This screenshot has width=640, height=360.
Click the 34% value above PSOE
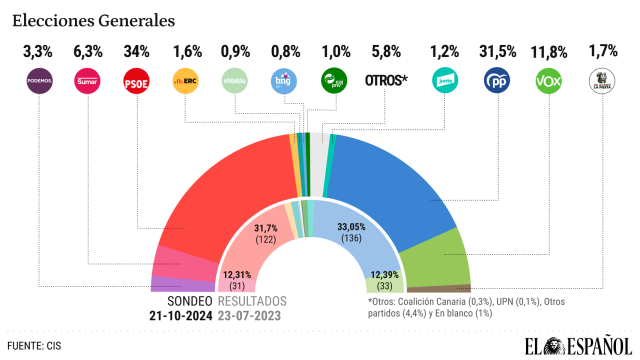click(x=136, y=49)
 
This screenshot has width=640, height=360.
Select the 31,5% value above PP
click(x=497, y=49)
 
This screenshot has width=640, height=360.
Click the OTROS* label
click(x=388, y=81)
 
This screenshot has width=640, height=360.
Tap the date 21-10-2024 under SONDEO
click(x=182, y=316)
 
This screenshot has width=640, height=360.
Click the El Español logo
click(x=577, y=345)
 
